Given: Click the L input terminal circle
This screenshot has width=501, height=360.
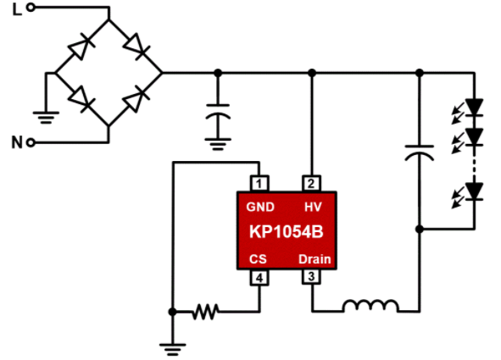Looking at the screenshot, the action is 31,7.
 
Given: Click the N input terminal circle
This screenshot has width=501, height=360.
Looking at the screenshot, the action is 31,142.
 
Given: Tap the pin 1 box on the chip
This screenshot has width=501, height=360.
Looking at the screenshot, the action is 259,184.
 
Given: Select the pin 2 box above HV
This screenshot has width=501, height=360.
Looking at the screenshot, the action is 311,184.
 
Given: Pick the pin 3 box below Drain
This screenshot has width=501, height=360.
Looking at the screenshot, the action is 311,276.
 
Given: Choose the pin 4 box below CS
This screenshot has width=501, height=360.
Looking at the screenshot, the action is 259,277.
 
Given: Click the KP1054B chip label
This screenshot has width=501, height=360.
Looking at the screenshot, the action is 287,231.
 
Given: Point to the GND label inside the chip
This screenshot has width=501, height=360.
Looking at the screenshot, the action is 260,208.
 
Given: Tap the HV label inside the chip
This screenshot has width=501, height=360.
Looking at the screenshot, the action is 313,208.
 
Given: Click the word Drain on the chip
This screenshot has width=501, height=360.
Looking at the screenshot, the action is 315,259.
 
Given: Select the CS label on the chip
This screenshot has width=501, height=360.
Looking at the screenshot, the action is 258,259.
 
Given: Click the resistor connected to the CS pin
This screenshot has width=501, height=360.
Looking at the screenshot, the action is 206,312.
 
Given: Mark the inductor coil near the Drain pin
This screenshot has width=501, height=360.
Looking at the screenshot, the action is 370,306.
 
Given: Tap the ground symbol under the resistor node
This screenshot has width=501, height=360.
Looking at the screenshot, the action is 173,349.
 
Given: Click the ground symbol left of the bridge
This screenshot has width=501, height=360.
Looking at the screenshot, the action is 46,117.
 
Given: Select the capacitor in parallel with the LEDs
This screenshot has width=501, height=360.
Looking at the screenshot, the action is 420,152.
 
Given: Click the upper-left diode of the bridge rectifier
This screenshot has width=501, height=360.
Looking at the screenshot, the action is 81,47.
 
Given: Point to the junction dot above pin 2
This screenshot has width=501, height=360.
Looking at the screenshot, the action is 312,73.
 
